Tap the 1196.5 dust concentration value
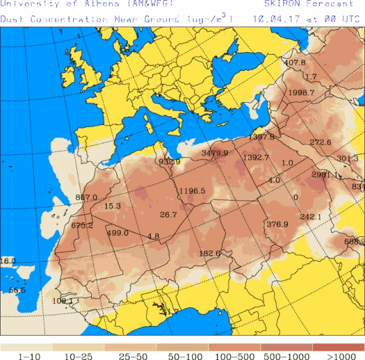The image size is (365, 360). (x=192, y=191)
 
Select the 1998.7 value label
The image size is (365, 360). (x=301, y=93)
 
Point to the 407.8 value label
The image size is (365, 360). (x=294, y=63)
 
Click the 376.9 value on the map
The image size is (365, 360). (x=277, y=224)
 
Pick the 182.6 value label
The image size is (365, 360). (x=210, y=253)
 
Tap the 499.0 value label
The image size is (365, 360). (x=118, y=233)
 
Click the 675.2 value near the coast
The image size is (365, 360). (x=82, y=225)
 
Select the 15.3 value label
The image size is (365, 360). (x=112, y=206)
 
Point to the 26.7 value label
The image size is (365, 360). (x=168, y=215)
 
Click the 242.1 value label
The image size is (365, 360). (x=310, y=217)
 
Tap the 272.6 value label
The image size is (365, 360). (x=320, y=143)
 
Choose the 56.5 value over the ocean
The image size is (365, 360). (x=17, y=290)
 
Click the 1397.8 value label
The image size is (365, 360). (x=262, y=137)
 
